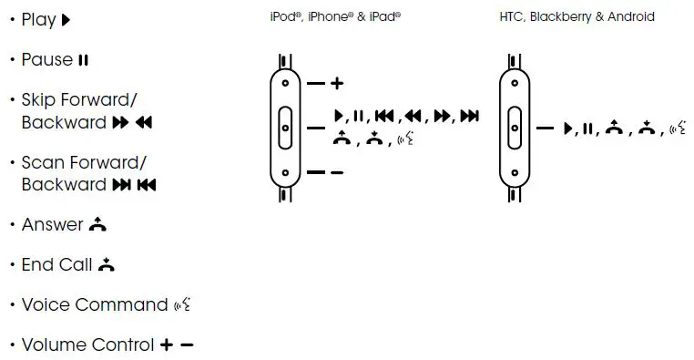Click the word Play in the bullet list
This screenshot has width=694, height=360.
pyautogui.click(x=38, y=19)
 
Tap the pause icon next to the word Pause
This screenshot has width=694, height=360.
pyautogui.click(x=84, y=60)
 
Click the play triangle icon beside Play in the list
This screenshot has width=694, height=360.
pyautogui.click(x=66, y=19)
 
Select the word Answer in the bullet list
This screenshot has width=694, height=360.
pyautogui.click(x=52, y=224)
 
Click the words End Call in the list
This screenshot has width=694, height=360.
pyautogui.click(x=56, y=265)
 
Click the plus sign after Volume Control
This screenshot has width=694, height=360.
pyautogui.click(x=167, y=345)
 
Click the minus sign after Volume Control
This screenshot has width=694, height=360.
pyautogui.click(x=188, y=345)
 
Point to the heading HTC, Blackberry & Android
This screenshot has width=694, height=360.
pyautogui.click(x=577, y=16)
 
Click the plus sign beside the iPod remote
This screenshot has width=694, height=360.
pyautogui.click(x=337, y=83)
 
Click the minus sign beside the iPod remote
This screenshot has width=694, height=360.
pyautogui.click(x=337, y=172)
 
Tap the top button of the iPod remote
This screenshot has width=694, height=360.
pyautogui.click(x=286, y=83)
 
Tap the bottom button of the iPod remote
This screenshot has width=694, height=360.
pyautogui.click(x=286, y=172)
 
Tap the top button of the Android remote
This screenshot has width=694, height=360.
pyautogui.click(x=515, y=83)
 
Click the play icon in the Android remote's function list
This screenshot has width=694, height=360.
pyautogui.click(x=568, y=129)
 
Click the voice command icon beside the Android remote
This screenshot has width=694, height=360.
pyautogui.click(x=677, y=129)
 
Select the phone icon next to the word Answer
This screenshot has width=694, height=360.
pyautogui.click(x=99, y=224)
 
